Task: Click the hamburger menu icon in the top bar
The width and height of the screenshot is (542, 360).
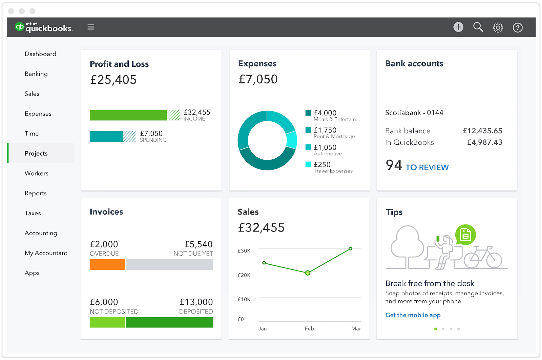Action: [90, 27]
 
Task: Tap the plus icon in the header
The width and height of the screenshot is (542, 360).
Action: [458, 27]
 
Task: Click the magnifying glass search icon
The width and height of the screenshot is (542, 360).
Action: [478, 27]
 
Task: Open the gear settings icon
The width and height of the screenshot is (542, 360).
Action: [498, 27]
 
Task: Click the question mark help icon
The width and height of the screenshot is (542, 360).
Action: [517, 27]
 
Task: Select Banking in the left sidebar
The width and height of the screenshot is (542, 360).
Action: [36, 74]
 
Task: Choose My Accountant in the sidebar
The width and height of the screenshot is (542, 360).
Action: [46, 253]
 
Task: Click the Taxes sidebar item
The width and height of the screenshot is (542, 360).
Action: [33, 213]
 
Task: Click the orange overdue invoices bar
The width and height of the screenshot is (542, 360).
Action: [107, 264]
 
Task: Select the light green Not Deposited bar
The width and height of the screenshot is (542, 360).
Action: [107, 322]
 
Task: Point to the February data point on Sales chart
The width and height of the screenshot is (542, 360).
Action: [308, 273]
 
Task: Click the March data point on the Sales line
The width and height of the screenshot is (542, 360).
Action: [350, 249]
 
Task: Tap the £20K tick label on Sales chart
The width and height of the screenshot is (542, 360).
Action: [244, 275]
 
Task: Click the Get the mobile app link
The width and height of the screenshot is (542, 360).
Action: [413, 315]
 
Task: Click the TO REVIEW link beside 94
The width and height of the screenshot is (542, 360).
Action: [427, 167]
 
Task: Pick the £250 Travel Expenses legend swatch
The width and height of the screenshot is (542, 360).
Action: [308, 164]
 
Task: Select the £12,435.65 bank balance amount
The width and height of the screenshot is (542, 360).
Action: [482, 131]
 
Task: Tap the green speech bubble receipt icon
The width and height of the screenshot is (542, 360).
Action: [465, 235]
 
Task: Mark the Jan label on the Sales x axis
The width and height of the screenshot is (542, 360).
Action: [263, 328]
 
